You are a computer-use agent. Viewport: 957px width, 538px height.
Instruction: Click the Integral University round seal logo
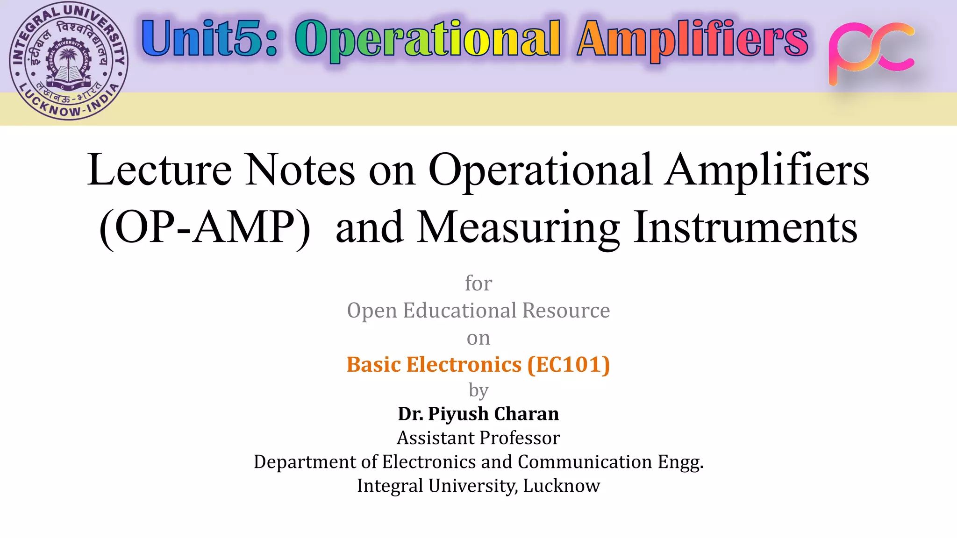[x=69, y=61]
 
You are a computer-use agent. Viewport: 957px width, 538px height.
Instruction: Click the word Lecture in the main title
[x=159, y=170]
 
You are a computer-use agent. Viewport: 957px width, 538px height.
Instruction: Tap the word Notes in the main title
[x=300, y=170]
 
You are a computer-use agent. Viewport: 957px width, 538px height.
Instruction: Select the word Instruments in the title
[x=745, y=228]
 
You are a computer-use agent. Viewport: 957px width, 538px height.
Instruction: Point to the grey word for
[x=478, y=283]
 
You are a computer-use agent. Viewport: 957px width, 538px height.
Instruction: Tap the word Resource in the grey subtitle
[x=566, y=311]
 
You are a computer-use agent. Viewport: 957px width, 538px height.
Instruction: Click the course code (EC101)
[x=569, y=365]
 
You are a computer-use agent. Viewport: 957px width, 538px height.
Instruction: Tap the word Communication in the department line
[x=585, y=462]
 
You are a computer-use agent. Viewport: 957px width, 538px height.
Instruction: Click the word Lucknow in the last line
[x=561, y=486]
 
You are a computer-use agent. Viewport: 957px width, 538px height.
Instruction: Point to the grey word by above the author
[x=478, y=390]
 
